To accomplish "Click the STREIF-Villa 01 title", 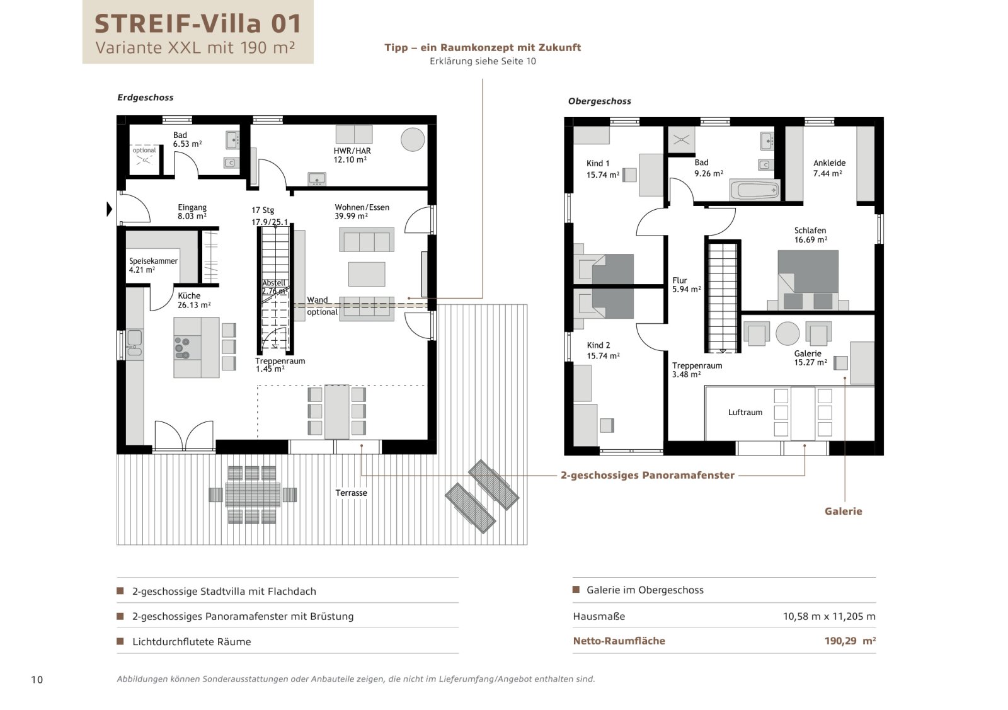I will [198, 23].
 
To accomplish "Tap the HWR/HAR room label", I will [352, 155].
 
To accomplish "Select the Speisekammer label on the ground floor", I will [153, 265].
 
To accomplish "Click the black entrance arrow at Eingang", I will [109, 209].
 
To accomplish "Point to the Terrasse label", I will [351, 493].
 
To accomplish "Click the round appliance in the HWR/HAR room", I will [413, 139].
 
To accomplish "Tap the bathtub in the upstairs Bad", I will [754, 190].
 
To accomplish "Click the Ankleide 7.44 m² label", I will [828, 168].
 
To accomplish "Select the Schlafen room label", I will [810, 235].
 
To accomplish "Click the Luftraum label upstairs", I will [745, 412].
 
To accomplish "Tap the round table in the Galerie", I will [787, 333].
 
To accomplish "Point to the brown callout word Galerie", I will [843, 511].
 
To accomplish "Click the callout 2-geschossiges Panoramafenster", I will [647, 475].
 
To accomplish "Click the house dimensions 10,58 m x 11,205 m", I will [828, 616].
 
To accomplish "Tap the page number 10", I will [37, 679].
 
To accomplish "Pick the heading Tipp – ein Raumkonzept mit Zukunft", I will [483, 47].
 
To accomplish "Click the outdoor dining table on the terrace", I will [252, 495].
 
